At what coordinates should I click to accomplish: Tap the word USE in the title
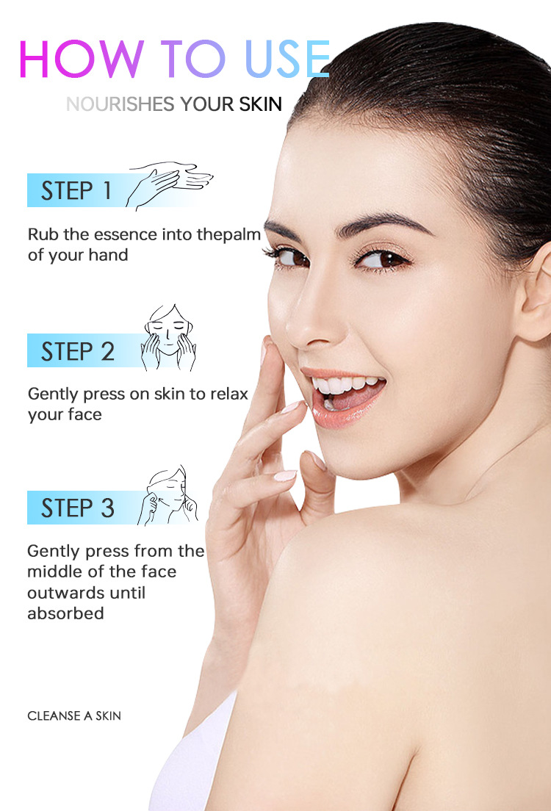click(x=287, y=59)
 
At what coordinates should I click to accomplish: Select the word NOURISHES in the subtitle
click(x=120, y=104)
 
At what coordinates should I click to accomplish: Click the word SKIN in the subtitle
click(x=260, y=104)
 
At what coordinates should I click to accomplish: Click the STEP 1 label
click(x=76, y=190)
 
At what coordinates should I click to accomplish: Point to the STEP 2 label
click(x=78, y=351)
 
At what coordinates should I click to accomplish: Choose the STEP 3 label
click(x=78, y=508)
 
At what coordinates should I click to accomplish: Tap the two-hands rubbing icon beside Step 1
click(x=169, y=185)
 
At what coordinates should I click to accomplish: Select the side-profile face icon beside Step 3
click(x=168, y=496)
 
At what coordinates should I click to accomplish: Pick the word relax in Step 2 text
click(x=229, y=394)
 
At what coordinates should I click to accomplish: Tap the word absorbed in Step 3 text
click(x=65, y=613)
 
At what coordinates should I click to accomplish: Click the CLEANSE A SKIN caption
click(x=74, y=716)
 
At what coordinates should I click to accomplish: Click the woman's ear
click(x=536, y=295)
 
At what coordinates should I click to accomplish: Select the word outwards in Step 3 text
click(x=87, y=593)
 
